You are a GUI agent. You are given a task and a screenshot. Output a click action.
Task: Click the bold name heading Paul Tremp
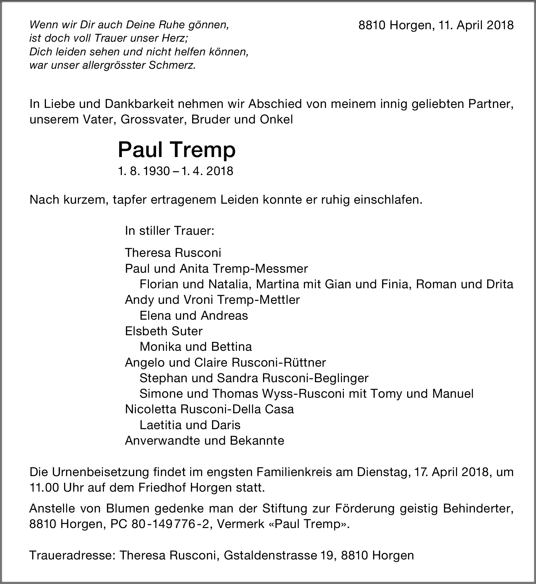click(177, 150)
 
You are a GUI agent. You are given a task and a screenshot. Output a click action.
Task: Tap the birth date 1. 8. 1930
click(144, 171)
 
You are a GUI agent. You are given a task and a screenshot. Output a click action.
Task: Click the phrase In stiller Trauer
click(169, 231)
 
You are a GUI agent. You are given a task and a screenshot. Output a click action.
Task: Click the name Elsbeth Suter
click(164, 331)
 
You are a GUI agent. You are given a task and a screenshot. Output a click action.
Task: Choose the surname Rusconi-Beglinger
click(315, 378)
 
